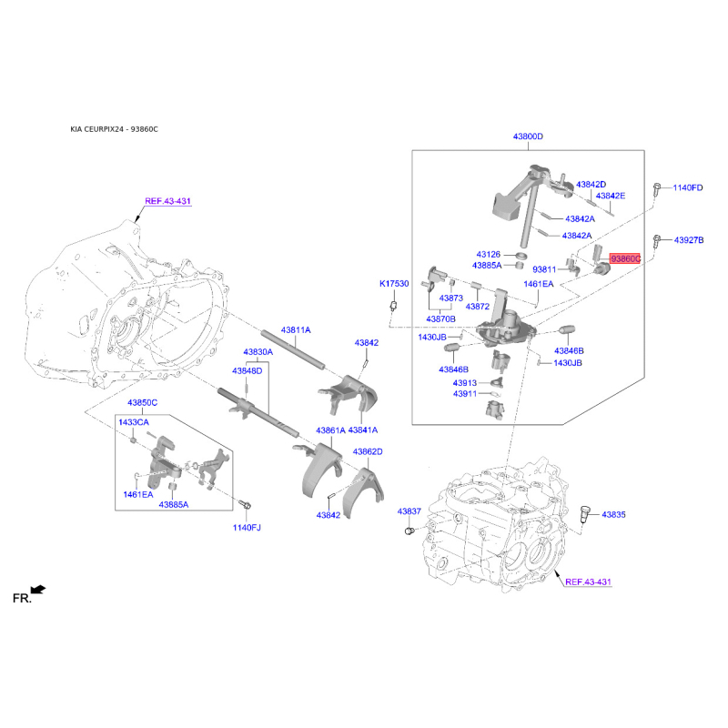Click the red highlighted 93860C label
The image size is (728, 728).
(625, 258)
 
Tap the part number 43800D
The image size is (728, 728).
(528, 136)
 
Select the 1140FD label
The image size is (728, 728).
(688, 187)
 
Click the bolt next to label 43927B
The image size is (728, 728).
(656, 241)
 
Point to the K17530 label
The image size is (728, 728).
(394, 284)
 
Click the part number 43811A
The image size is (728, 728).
(296, 330)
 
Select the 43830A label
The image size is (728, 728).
(258, 352)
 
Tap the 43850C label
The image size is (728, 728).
(143, 402)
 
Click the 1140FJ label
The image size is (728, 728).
(247, 528)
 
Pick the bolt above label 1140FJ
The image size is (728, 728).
(245, 504)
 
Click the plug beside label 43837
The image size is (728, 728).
(409, 531)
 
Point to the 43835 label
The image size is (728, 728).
(613, 514)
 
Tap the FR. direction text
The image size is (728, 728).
(22, 599)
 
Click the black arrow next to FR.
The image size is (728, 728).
(38, 590)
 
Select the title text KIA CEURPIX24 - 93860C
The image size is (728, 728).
(115, 129)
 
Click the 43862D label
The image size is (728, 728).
(368, 451)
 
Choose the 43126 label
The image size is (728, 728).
(489, 255)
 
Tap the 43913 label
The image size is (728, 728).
(465, 383)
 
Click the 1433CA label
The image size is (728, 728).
(134, 422)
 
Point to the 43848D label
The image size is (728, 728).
(247, 371)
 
